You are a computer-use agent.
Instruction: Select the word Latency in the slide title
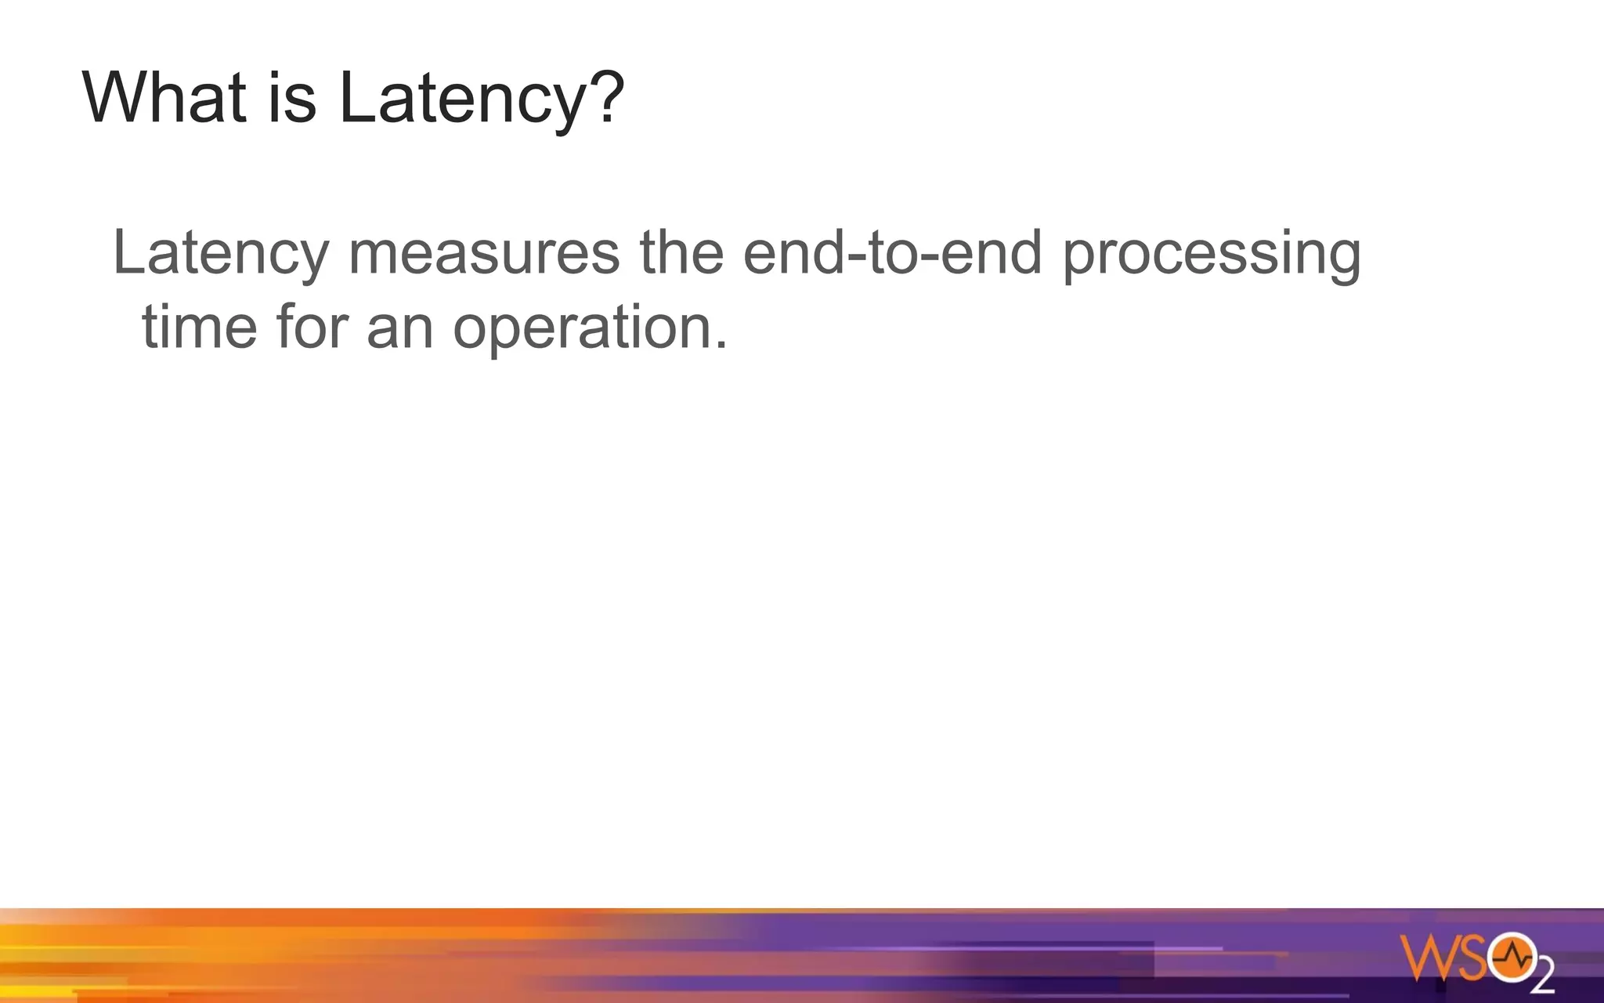pyautogui.click(x=463, y=99)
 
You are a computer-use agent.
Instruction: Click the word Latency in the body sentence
pyautogui.click(x=221, y=252)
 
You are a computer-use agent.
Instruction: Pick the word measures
pyautogui.click(x=484, y=252)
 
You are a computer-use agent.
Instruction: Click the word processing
pyautogui.click(x=1212, y=254)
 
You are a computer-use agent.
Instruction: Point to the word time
pyautogui.click(x=199, y=326)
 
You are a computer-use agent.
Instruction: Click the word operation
pyautogui.click(x=583, y=328)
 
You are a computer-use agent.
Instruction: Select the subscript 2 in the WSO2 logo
pyautogui.click(x=1542, y=979)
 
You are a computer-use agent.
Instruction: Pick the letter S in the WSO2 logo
pyautogui.click(x=1470, y=958)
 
